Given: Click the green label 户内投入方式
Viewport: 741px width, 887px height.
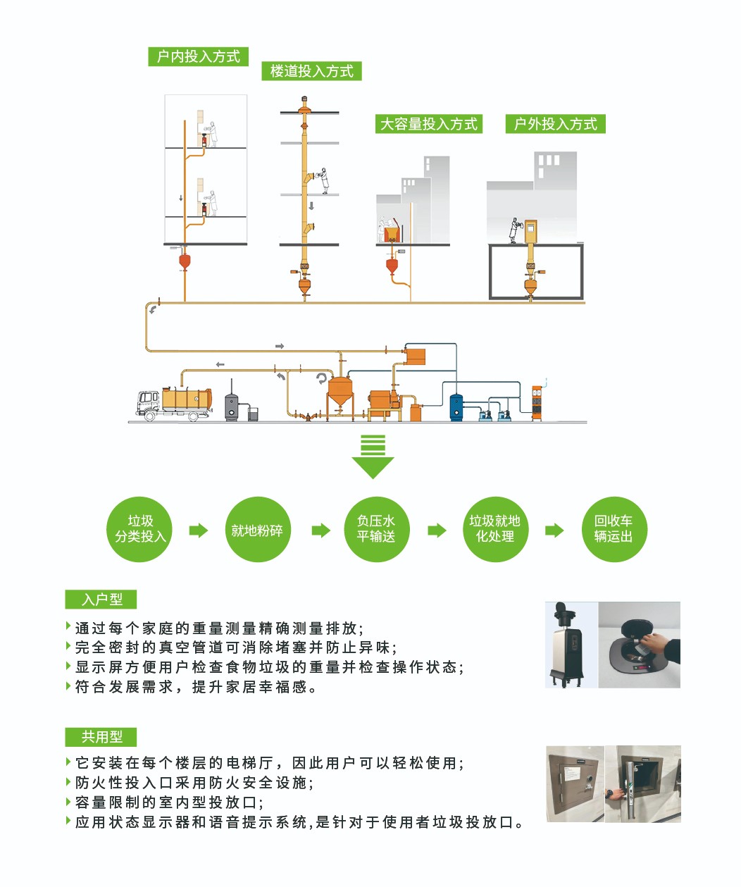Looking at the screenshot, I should click(198, 57).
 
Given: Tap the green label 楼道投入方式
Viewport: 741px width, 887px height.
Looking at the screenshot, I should click(311, 71).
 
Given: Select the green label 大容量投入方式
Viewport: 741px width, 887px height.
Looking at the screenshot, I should click(428, 125).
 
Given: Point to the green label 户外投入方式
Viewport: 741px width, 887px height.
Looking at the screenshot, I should click(555, 125).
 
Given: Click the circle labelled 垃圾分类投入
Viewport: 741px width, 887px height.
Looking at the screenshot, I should click(140, 529).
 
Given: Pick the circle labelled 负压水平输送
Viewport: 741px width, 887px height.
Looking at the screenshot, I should click(375, 529).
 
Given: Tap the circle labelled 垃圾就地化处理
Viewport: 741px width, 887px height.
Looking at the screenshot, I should click(494, 529).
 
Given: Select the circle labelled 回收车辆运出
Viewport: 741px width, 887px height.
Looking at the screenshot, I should click(613, 529).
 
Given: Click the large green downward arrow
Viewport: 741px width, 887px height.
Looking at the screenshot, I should click(373, 458).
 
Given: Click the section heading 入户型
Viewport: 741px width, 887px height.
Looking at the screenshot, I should click(101, 600).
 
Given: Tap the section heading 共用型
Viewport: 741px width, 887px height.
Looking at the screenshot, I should click(101, 737).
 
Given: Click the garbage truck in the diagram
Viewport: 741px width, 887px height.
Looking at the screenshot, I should click(173, 404).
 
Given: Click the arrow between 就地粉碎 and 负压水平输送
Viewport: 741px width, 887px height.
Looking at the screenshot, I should click(320, 531).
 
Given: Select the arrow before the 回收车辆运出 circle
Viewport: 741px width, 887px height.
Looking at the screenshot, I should click(554, 531).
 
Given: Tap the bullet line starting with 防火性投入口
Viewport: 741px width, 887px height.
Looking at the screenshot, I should click(194, 783).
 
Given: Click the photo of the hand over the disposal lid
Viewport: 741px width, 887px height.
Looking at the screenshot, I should click(639, 645).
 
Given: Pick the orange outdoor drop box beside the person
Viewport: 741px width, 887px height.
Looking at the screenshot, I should click(530, 232).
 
